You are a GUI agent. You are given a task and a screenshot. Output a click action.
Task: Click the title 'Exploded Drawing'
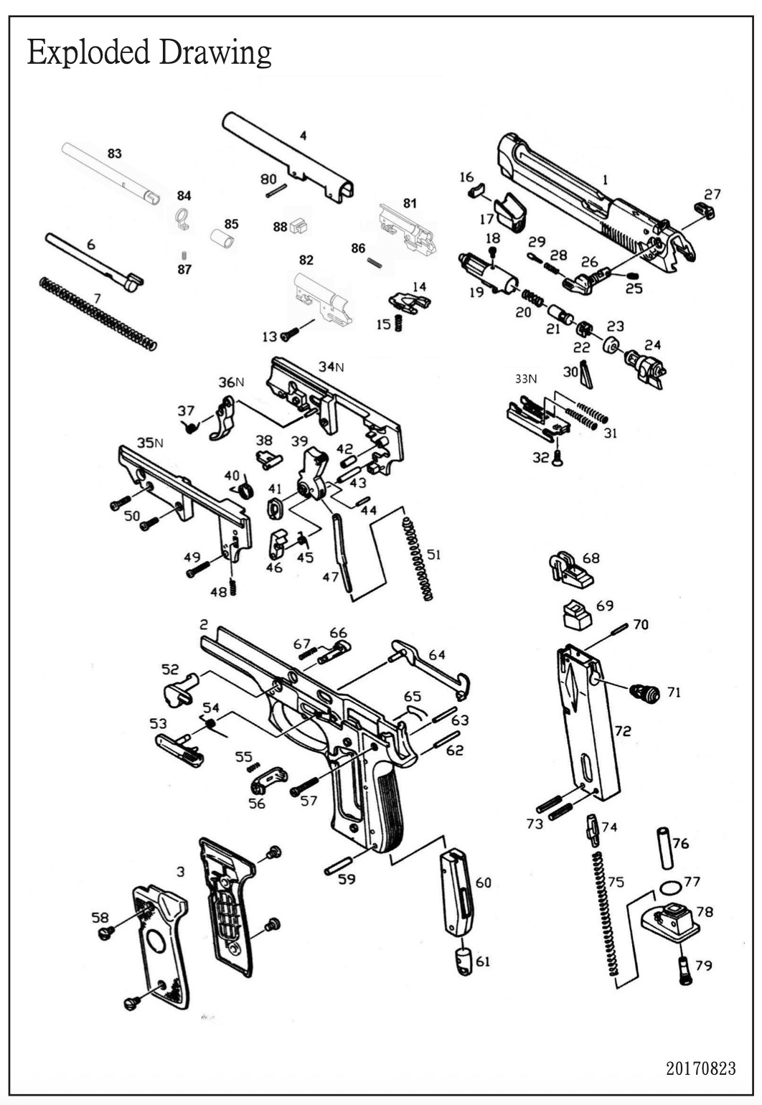[x=149, y=53]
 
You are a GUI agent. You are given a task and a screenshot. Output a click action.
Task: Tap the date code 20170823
[x=700, y=1068]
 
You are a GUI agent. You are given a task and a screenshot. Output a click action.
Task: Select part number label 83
[x=114, y=154]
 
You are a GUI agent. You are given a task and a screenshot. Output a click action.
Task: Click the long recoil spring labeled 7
[x=98, y=314]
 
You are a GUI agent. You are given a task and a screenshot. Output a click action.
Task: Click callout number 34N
[x=331, y=367]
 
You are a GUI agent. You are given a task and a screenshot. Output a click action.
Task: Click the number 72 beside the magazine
[x=622, y=730]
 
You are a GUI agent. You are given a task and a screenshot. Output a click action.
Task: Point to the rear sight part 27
[x=705, y=210]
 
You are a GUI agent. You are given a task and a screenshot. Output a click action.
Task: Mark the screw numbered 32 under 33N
[x=558, y=459]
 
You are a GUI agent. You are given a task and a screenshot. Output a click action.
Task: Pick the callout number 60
[x=484, y=882]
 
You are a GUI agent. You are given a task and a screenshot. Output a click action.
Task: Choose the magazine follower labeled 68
[x=569, y=569]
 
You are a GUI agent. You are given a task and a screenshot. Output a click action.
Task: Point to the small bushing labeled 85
[x=222, y=238]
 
